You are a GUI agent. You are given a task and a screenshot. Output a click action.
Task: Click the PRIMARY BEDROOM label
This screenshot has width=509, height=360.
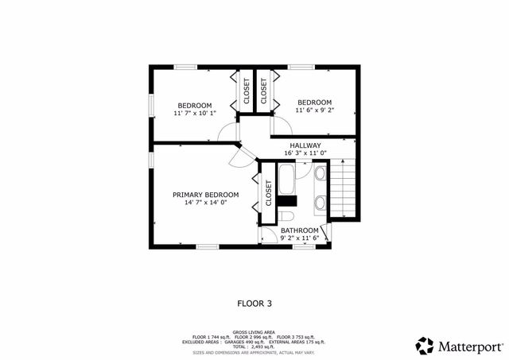tap(205, 195)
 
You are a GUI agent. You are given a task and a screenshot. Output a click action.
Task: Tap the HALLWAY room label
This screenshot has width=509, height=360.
tap(305, 145)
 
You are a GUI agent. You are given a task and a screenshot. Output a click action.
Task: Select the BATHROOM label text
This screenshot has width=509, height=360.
tap(299, 230)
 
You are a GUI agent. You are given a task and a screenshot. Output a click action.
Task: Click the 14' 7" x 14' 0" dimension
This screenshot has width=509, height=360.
tap(205, 203)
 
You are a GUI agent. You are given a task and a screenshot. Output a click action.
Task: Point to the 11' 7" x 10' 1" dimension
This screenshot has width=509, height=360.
tap(194, 114)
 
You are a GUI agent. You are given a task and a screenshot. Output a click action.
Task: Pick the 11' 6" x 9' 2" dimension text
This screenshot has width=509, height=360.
tap(314, 110)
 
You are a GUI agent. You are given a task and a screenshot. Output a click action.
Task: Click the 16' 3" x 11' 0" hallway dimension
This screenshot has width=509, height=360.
tap(305, 153)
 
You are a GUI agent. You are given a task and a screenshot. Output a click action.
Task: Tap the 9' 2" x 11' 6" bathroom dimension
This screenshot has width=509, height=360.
tap(299, 238)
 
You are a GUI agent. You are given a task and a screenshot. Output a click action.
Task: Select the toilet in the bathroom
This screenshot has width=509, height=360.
tap(286, 216)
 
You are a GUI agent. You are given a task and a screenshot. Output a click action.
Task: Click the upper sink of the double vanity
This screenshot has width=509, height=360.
tap(320, 173)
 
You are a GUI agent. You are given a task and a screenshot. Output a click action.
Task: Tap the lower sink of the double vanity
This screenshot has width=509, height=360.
tap(320, 203)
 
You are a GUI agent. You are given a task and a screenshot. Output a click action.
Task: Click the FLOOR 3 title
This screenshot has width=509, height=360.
tap(254, 303)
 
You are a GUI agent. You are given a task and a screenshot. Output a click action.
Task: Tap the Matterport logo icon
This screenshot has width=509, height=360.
tap(425, 346)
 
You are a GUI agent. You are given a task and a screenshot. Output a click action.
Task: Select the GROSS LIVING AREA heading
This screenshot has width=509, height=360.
tap(254, 332)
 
